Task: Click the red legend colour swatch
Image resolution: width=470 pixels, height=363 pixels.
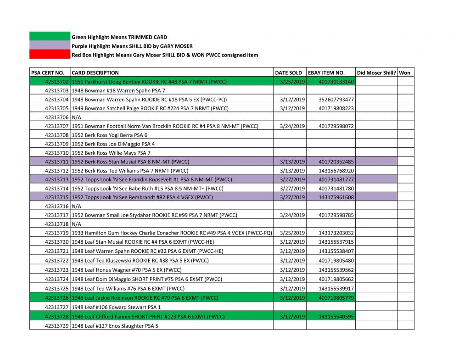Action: click(50, 55)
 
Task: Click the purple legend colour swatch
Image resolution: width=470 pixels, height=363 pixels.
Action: click(50, 46)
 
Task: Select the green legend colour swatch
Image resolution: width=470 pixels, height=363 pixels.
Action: click(50, 37)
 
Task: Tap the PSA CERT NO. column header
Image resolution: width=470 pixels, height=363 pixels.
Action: click(48, 73)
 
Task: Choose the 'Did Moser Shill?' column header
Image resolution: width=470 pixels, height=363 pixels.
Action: click(376, 73)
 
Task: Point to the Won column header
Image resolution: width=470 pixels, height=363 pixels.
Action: click(405, 73)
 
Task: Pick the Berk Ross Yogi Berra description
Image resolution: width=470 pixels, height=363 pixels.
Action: click(110, 135)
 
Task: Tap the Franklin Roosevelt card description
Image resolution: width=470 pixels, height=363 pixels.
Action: click(152, 179)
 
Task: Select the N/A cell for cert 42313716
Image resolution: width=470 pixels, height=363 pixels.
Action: click(77, 206)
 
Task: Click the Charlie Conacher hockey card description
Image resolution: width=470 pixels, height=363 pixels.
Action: click(172, 233)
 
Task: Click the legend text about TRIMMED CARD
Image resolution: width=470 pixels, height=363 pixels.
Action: click(119, 37)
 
